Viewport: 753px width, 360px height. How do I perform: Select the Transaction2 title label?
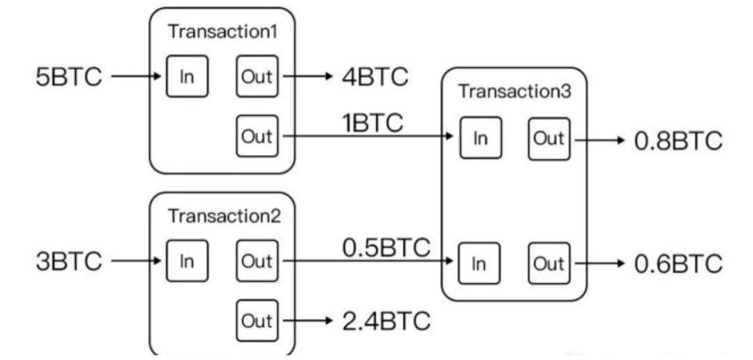(224, 216)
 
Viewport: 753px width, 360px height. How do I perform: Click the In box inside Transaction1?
(187, 75)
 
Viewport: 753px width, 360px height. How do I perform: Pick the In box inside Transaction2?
(187, 261)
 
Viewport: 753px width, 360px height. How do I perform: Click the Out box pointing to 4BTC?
(257, 75)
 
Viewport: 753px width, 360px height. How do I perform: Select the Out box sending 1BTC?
(257, 135)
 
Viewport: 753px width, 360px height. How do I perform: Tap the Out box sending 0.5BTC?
(257, 261)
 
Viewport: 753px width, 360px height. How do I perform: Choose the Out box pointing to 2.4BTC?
(257, 321)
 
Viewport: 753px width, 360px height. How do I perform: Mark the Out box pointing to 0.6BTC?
(549, 263)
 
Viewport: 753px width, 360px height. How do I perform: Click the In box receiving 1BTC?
(480, 138)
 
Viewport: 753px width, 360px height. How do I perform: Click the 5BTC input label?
(68, 76)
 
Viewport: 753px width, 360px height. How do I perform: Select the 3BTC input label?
(68, 262)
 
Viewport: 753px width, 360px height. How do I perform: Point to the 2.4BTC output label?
(386, 322)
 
